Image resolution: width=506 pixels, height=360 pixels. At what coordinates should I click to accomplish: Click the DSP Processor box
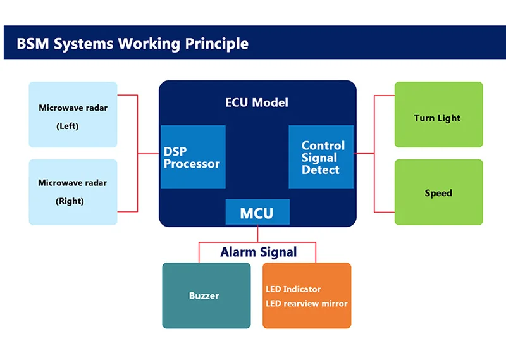tap(193, 157)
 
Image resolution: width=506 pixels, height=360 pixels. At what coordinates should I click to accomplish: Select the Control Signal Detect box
tap(321, 157)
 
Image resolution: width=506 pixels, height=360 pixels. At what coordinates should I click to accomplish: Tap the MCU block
tap(257, 213)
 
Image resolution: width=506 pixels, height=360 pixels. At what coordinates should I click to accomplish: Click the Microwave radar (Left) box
tap(73, 115)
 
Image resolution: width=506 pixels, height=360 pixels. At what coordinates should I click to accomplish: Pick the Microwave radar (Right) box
tap(73, 192)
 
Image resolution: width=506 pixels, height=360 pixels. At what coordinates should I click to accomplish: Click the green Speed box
tap(438, 192)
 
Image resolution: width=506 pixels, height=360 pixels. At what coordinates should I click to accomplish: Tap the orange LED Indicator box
tap(307, 295)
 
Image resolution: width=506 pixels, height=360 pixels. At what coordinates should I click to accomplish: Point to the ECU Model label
tap(257, 102)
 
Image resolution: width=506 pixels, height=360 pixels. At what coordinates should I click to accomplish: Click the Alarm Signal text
tap(258, 252)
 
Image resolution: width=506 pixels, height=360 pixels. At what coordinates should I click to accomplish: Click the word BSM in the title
tap(32, 44)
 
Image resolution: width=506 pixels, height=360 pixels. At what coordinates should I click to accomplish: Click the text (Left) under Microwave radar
tap(67, 126)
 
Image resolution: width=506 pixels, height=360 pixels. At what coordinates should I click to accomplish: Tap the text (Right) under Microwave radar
tap(70, 201)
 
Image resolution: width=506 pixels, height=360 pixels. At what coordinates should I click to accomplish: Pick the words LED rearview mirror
tap(307, 304)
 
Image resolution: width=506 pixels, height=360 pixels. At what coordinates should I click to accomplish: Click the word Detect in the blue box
tap(321, 170)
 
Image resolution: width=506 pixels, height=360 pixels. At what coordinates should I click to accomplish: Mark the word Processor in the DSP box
tap(192, 164)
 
